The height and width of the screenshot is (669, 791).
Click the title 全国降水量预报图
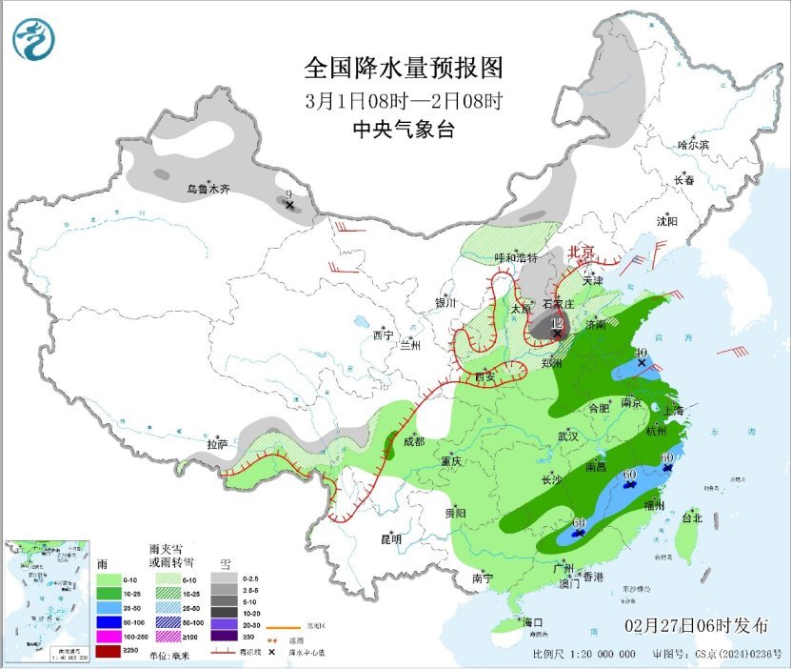click(x=403, y=68)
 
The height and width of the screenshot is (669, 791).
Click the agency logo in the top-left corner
click(x=34, y=39)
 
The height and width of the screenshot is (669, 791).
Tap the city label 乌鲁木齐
click(x=208, y=190)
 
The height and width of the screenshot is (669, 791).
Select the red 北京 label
click(x=581, y=252)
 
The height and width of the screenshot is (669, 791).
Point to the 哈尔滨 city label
click(x=693, y=145)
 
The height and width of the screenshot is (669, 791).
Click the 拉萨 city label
click(x=218, y=444)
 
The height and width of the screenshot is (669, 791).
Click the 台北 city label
click(x=692, y=518)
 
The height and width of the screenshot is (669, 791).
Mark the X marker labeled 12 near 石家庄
click(x=557, y=333)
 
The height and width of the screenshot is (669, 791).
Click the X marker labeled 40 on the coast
click(x=642, y=363)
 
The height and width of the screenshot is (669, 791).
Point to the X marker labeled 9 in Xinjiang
click(x=289, y=203)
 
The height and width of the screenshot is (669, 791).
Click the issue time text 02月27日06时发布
click(x=698, y=626)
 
